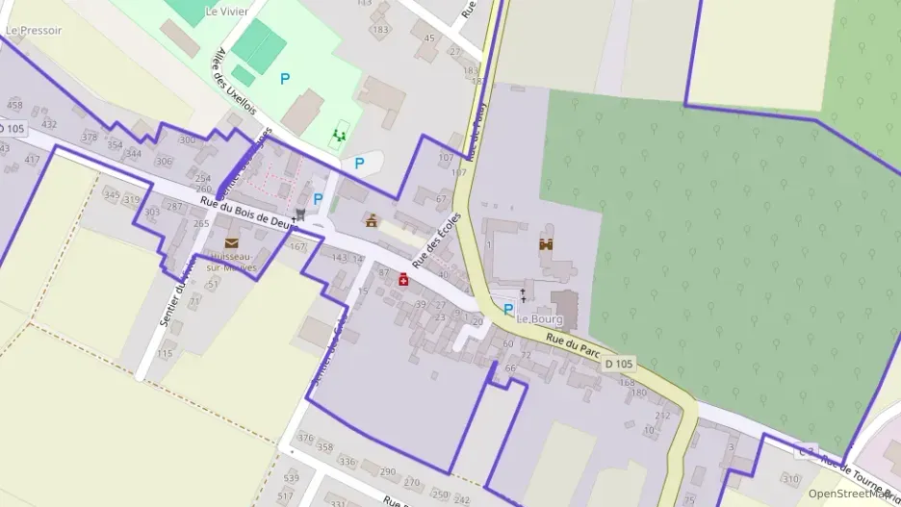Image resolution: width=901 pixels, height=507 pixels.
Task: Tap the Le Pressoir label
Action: point(33,30)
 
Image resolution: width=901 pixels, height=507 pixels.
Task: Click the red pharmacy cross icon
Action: point(403,279)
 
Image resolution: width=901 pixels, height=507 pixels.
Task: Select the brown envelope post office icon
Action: point(231,243)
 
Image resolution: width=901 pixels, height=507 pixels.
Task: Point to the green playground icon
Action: point(338,137)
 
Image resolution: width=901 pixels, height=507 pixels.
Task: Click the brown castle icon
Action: point(546,244)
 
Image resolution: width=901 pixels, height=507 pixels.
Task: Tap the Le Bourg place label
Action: point(538,318)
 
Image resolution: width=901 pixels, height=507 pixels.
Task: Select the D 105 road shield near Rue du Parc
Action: point(620,364)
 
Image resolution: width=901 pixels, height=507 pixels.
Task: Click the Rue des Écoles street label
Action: point(437,241)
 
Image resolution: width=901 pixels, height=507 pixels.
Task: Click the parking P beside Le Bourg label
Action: point(508,309)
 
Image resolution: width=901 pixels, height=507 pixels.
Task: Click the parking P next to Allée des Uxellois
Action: point(284,79)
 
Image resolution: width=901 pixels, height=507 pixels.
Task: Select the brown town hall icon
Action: point(372,220)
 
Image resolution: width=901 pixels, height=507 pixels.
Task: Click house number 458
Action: point(14,105)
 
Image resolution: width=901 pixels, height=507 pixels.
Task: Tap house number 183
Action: point(380,30)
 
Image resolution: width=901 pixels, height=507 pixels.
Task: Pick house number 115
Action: point(166,354)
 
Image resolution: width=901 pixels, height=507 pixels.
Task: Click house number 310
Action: point(789,478)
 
